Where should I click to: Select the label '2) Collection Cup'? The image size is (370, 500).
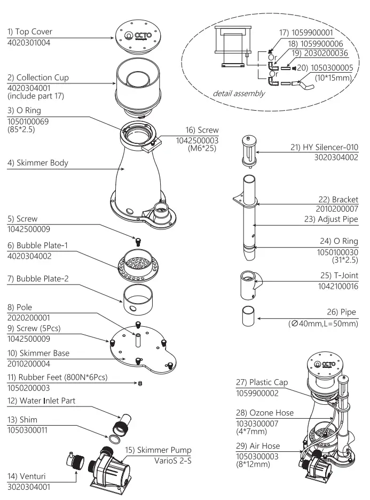click(38, 78)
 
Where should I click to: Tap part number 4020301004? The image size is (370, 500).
click(29, 42)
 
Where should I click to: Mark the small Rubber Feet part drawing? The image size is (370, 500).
click(140, 383)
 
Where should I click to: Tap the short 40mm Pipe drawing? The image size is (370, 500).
click(247, 316)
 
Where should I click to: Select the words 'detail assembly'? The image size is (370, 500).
click(239, 93)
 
